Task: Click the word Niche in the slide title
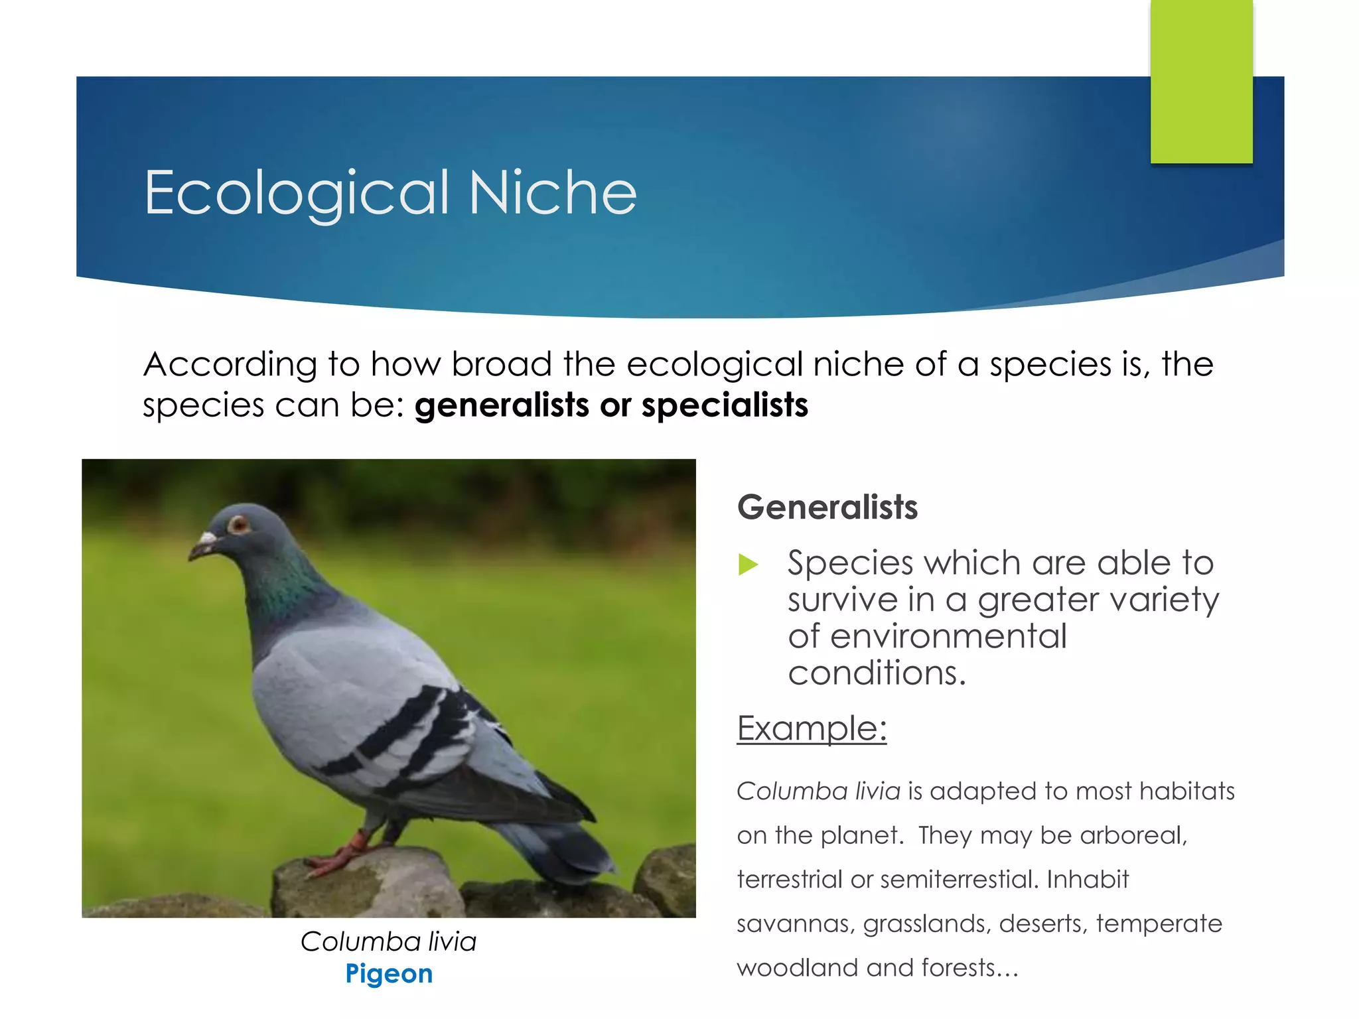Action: click(552, 193)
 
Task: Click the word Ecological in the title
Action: click(297, 193)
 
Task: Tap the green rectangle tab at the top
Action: click(1201, 81)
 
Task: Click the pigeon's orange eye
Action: click(238, 525)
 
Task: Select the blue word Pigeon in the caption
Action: click(389, 974)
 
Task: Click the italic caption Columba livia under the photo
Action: click(388, 941)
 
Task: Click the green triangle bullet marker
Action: click(748, 565)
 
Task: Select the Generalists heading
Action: click(827, 508)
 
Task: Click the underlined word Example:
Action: click(811, 728)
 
